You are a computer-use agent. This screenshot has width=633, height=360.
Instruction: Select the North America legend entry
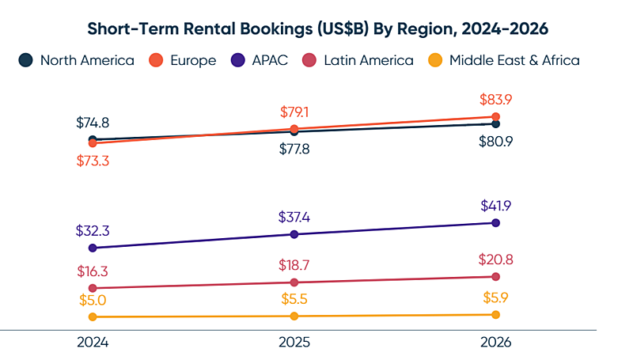78,60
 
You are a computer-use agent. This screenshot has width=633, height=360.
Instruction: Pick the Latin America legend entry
358,60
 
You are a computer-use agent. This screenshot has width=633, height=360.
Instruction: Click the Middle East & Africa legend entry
503,60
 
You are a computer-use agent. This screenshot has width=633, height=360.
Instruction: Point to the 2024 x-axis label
93,343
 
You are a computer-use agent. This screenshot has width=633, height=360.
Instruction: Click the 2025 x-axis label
294,343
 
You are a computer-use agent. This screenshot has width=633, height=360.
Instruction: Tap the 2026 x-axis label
496,343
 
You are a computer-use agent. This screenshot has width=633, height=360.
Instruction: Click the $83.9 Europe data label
496,100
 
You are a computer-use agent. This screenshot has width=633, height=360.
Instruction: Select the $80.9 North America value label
496,142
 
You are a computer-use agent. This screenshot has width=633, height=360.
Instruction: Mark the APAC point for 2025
294,234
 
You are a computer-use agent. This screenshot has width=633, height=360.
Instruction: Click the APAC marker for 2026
496,223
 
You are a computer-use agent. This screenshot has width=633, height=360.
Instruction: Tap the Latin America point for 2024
93,288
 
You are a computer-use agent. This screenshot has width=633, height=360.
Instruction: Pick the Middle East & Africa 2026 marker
496,315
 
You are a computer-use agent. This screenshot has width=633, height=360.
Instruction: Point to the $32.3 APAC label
93,232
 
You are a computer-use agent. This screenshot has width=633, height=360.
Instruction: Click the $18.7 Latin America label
294,265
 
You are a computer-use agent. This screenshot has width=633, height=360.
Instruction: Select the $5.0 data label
93,301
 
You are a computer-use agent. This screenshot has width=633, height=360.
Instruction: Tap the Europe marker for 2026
496,116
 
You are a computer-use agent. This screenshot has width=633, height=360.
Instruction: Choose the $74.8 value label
93,123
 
